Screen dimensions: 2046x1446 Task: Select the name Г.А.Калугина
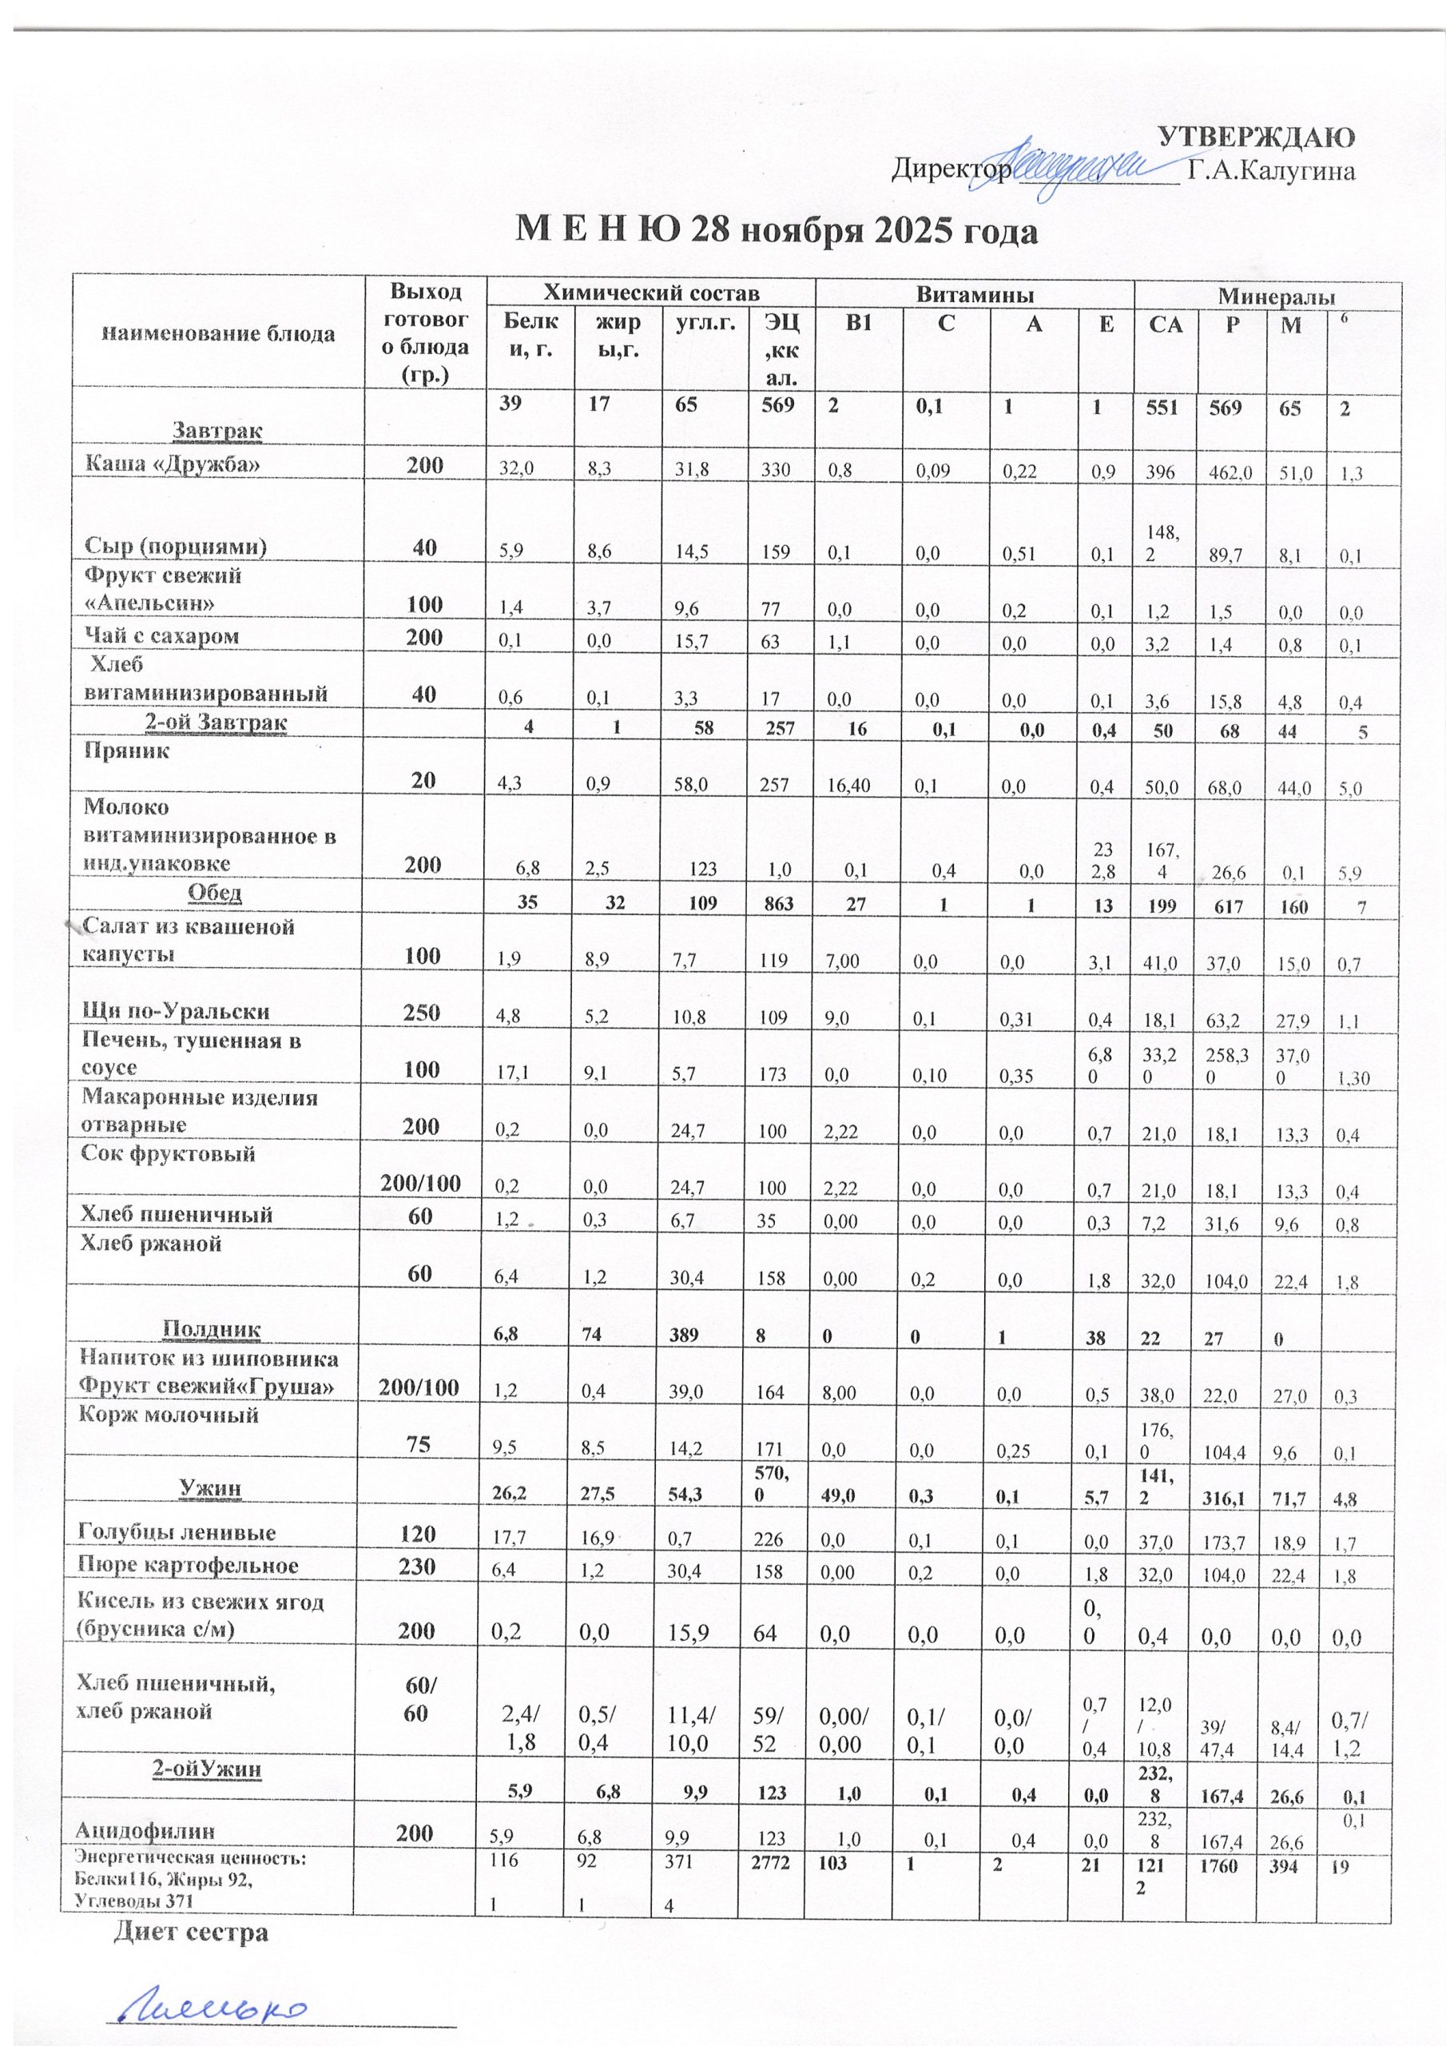click(1273, 171)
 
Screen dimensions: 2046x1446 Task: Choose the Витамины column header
click(974, 294)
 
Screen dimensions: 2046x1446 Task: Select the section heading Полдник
click(210, 1330)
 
